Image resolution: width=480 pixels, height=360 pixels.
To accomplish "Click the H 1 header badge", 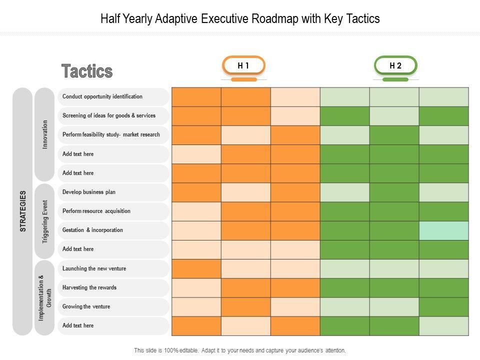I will tap(243, 65).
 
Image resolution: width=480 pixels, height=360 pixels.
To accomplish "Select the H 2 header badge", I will tap(395, 65).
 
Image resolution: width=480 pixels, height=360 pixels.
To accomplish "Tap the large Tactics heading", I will tap(87, 71).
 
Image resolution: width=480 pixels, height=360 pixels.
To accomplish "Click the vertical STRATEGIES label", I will tap(22, 211).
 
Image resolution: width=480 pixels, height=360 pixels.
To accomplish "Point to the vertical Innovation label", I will tap(45, 134).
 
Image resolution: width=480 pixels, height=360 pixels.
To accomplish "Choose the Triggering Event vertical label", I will tap(45, 221).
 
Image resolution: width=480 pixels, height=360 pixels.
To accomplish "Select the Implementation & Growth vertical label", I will tap(45, 297).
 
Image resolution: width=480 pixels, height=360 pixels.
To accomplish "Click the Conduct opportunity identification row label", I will tap(102, 96).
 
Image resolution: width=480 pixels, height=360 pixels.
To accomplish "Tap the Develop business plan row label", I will tap(89, 192).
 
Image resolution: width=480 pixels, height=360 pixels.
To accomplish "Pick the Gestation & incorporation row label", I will tap(92, 230).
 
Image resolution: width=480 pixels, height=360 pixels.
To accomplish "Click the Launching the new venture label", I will tap(94, 268).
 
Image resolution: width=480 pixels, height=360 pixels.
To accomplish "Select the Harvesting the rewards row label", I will tap(89, 287).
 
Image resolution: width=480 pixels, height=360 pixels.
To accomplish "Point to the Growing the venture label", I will tap(86, 306).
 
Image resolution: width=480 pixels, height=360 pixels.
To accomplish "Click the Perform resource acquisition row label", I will tap(96, 211).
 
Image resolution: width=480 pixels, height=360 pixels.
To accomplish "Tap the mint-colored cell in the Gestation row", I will tap(444, 230).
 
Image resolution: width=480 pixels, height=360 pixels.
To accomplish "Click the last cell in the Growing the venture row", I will tap(444, 307).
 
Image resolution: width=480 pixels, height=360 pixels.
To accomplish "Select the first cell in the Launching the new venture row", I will tap(196, 268).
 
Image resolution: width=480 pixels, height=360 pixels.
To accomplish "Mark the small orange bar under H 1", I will tap(244, 79).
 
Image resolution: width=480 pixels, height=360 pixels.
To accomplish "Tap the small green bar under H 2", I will tap(395, 79).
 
